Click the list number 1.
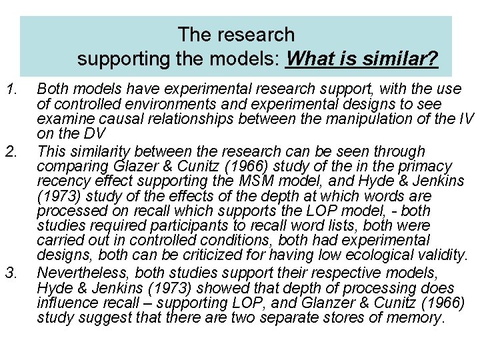click(x=11, y=89)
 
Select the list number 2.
click(x=11, y=152)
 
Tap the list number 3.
click(x=11, y=273)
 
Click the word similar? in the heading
click(x=401, y=59)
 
